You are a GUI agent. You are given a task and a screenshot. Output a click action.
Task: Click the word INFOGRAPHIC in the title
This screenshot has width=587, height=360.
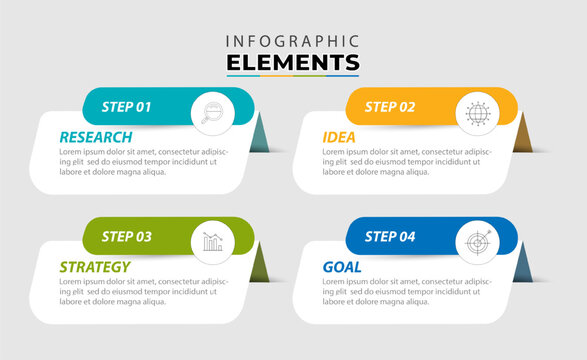click(x=293, y=41)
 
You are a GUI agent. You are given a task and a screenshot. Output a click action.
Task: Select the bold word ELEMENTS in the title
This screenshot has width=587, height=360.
click(x=293, y=62)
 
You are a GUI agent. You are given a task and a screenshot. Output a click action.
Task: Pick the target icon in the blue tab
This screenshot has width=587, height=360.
click(x=475, y=241)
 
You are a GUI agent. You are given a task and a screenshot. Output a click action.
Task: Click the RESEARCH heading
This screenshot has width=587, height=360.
click(x=95, y=137)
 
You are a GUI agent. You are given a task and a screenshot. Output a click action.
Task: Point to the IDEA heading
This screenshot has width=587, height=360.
click(x=338, y=137)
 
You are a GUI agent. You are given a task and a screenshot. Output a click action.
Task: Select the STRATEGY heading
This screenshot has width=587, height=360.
click(x=95, y=267)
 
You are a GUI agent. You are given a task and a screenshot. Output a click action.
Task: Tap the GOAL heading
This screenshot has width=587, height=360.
click(x=342, y=267)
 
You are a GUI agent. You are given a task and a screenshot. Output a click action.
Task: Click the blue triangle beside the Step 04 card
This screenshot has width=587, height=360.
click(x=523, y=267)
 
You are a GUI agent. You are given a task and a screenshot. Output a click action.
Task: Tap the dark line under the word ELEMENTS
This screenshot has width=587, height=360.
click(x=293, y=76)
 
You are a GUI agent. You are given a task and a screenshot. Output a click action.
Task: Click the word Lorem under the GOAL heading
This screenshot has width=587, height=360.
click(x=333, y=282)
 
